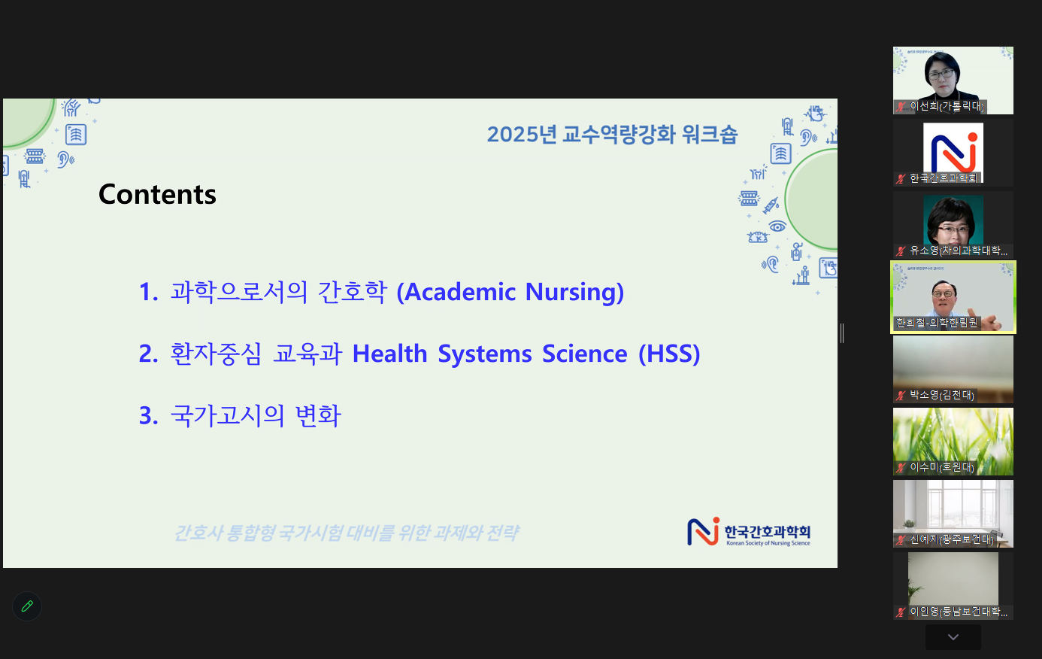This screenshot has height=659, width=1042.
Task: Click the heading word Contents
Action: coord(157,194)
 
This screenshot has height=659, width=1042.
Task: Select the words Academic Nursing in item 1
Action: coord(510,292)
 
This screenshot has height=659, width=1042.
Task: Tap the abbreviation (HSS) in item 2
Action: coord(669,354)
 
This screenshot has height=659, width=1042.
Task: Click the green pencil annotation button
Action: coord(27,606)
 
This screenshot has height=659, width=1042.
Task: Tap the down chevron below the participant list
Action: coord(953,637)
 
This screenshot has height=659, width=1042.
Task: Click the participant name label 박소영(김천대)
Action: coord(942,395)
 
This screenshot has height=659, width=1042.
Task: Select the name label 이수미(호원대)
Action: coord(942,467)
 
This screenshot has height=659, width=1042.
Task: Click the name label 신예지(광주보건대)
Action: coord(952,539)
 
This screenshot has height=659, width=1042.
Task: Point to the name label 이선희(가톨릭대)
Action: coord(947,107)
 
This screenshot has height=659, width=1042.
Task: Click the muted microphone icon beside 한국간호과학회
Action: coord(901,179)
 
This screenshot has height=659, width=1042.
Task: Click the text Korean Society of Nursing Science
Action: coord(768,543)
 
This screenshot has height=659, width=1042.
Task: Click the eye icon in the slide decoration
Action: coord(777,226)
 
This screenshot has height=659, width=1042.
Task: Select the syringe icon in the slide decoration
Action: coord(771,205)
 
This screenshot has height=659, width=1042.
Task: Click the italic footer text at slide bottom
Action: coord(346,533)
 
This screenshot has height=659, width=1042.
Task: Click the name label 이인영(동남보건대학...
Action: coord(959,612)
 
